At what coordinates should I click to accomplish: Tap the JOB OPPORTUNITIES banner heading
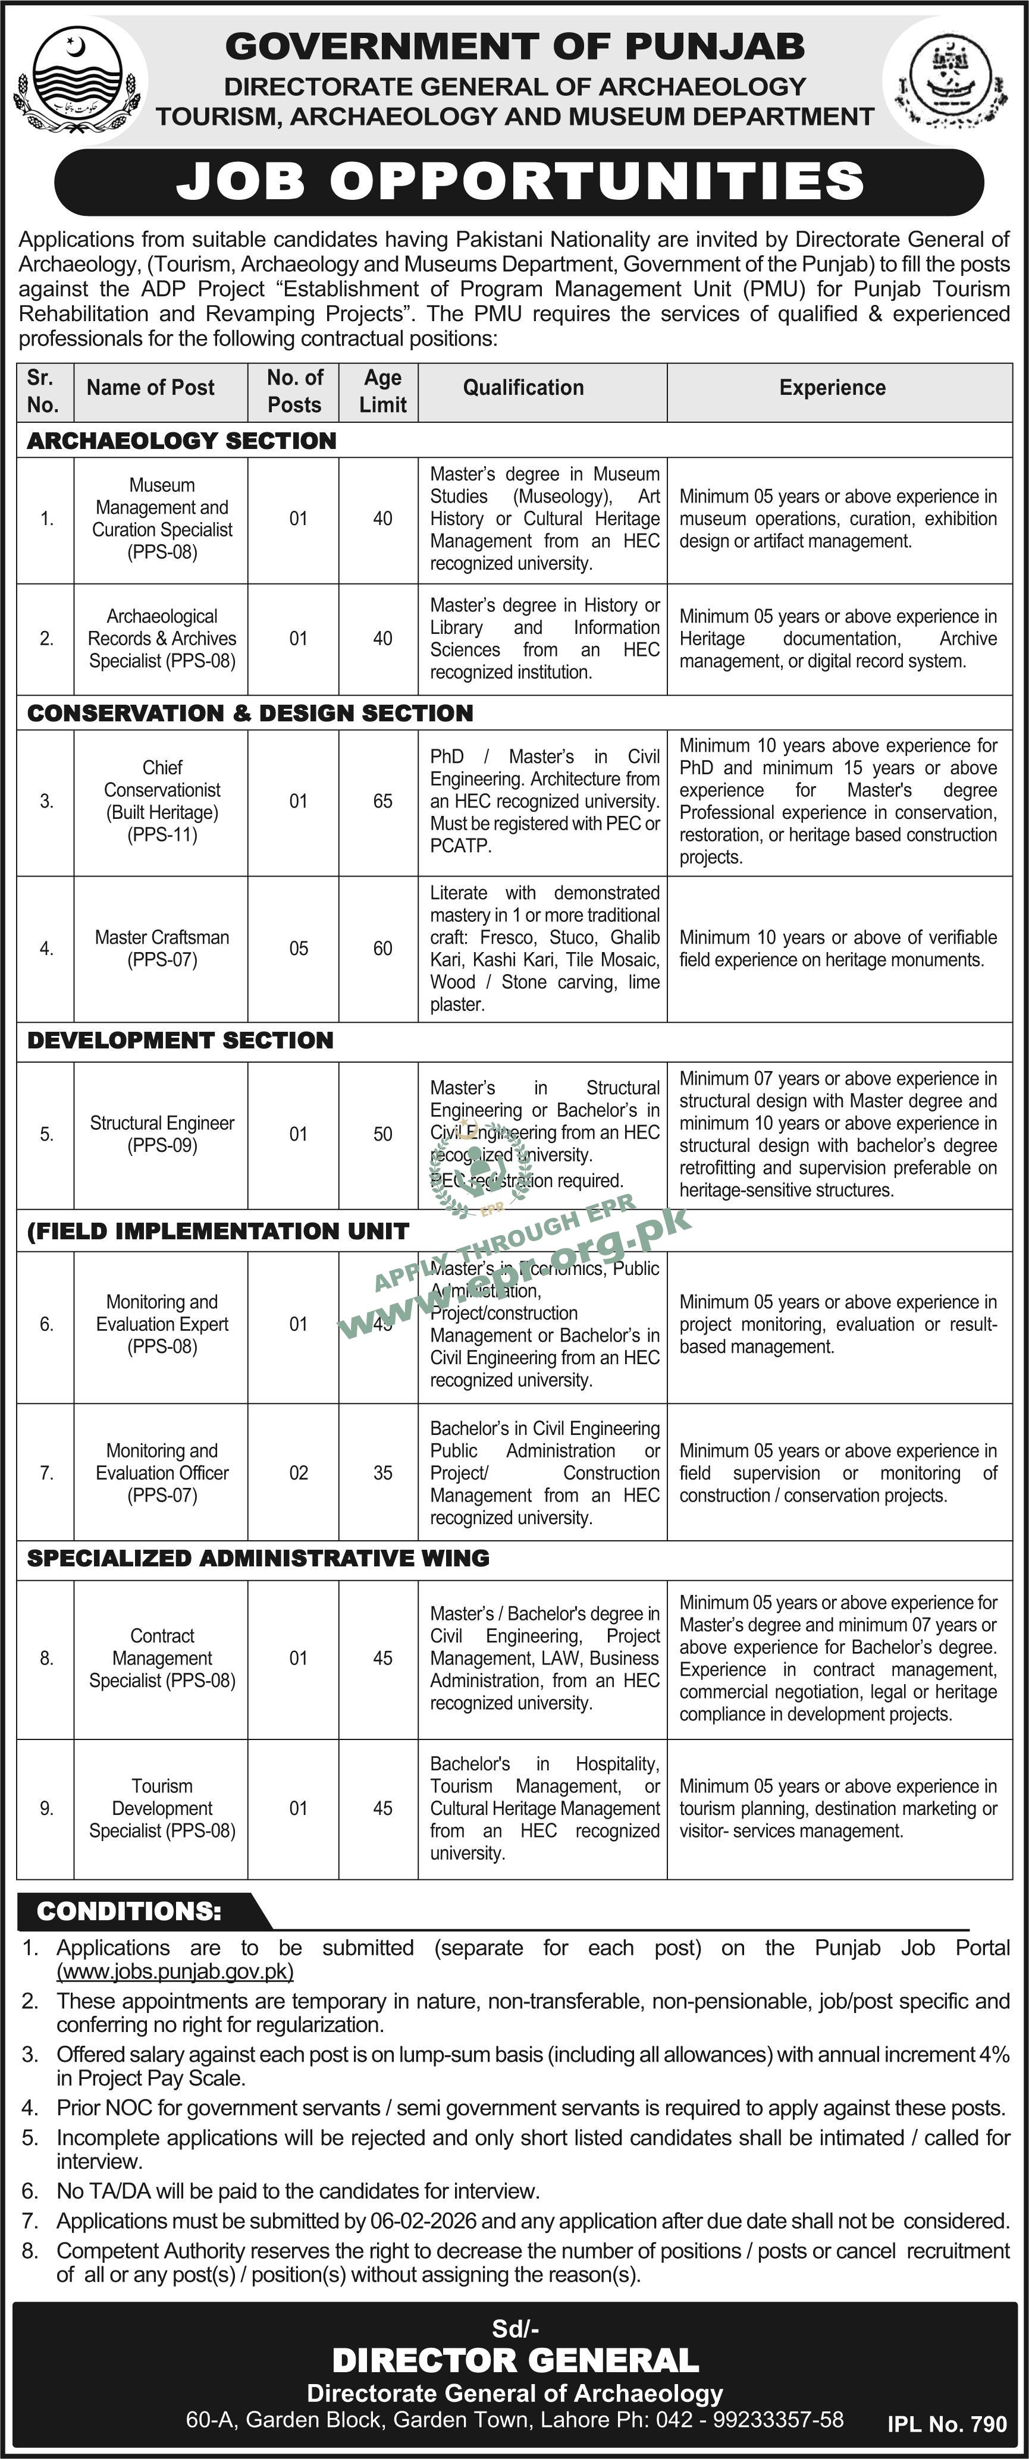click(x=520, y=181)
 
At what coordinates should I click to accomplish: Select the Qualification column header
click(x=523, y=388)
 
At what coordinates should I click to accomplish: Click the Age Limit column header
click(x=383, y=391)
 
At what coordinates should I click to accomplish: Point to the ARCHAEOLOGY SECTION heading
click(x=181, y=441)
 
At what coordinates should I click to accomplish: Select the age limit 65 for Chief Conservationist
click(x=383, y=801)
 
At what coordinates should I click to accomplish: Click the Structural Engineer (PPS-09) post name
click(x=162, y=1134)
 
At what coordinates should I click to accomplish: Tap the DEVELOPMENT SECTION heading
click(x=180, y=1041)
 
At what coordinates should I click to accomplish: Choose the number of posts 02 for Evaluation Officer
click(x=299, y=1473)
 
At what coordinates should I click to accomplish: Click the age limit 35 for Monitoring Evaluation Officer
click(x=383, y=1473)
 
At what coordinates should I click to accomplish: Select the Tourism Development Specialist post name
click(x=162, y=1808)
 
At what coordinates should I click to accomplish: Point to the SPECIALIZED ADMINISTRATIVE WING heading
click(x=258, y=1558)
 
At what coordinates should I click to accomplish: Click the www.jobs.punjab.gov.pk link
click(x=175, y=1971)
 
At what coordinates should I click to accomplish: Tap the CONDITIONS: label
click(x=129, y=1911)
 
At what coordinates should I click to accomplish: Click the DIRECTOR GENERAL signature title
click(x=516, y=2361)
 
